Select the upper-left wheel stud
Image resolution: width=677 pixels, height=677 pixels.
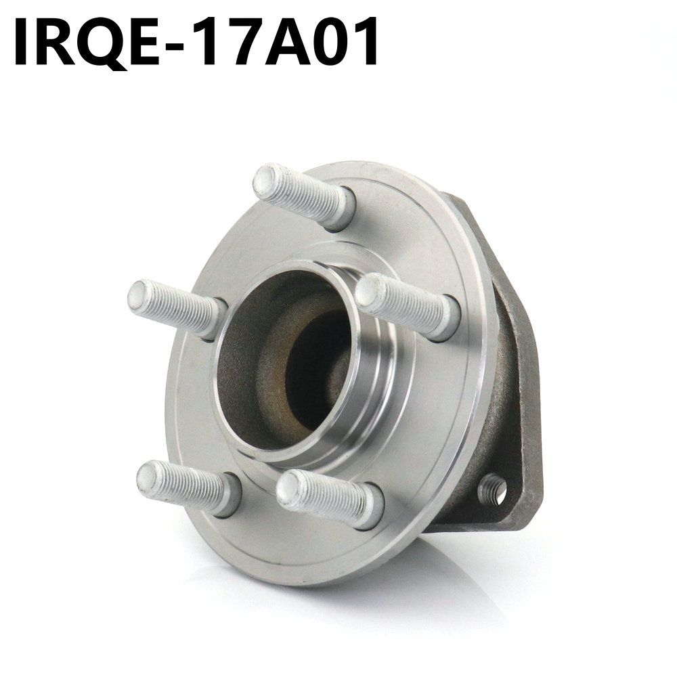(x=175, y=309)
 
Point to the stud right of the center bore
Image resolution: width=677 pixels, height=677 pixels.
(x=406, y=305)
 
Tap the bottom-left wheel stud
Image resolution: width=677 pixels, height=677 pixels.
(x=186, y=487)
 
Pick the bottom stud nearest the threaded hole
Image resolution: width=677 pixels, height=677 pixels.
(x=328, y=498)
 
